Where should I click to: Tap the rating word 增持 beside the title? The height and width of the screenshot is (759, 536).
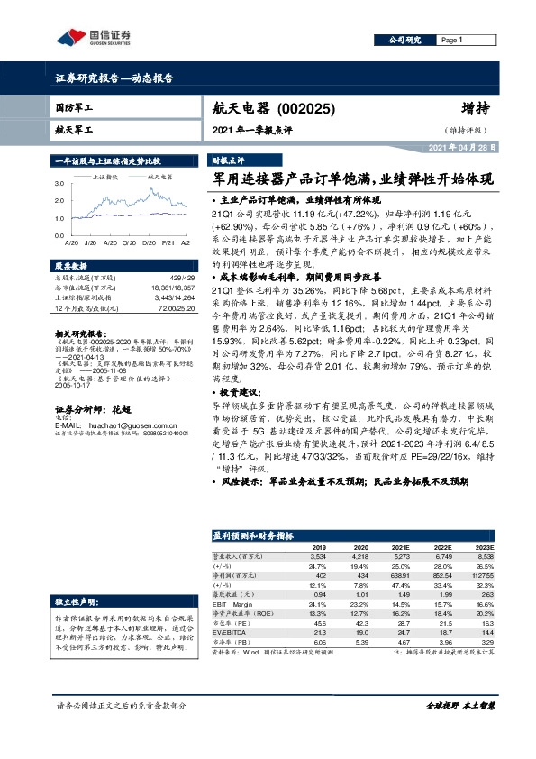click(476, 109)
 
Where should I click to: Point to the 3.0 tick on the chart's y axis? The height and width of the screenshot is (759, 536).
click(59, 183)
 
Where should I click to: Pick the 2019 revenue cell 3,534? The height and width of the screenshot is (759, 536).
click(318, 556)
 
